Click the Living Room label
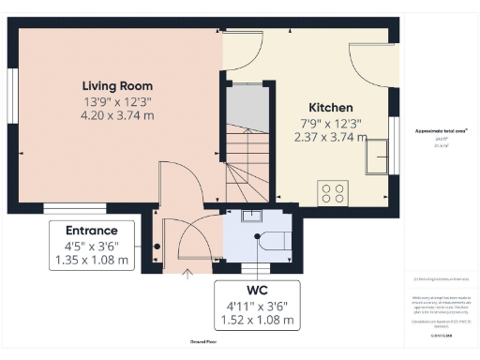point(116,85)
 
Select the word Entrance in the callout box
point(91,231)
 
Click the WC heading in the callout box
point(257,290)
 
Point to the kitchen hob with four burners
point(332,192)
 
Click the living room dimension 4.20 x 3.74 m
point(116,114)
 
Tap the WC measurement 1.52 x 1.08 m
point(257,320)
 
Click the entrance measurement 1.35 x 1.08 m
point(91,261)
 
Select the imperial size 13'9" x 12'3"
point(116,100)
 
